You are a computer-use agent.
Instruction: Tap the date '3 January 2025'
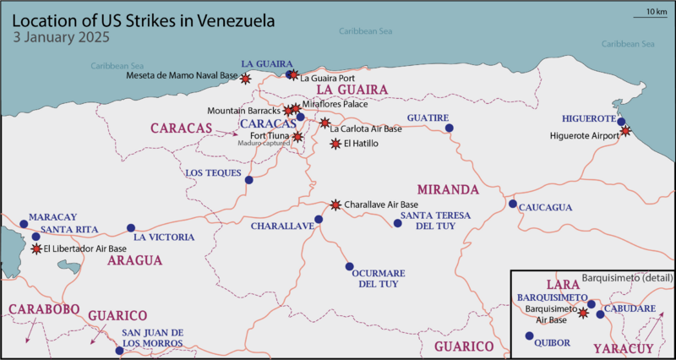(62, 38)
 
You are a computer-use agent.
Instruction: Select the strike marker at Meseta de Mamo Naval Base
(246, 78)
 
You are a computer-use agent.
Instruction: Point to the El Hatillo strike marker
(335, 144)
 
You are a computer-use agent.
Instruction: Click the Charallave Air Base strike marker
(335, 205)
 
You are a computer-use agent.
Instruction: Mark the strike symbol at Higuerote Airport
(625, 131)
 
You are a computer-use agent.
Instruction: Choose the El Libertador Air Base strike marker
(35, 249)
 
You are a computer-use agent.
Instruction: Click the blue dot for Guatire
(449, 128)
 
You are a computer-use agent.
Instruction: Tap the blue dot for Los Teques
(248, 179)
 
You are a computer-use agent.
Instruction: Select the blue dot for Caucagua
(512, 204)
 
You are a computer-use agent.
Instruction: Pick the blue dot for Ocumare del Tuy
(349, 266)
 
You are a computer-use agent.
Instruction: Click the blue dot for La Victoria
(130, 228)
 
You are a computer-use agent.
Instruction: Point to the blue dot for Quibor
(529, 335)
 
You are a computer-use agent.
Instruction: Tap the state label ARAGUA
(134, 261)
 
